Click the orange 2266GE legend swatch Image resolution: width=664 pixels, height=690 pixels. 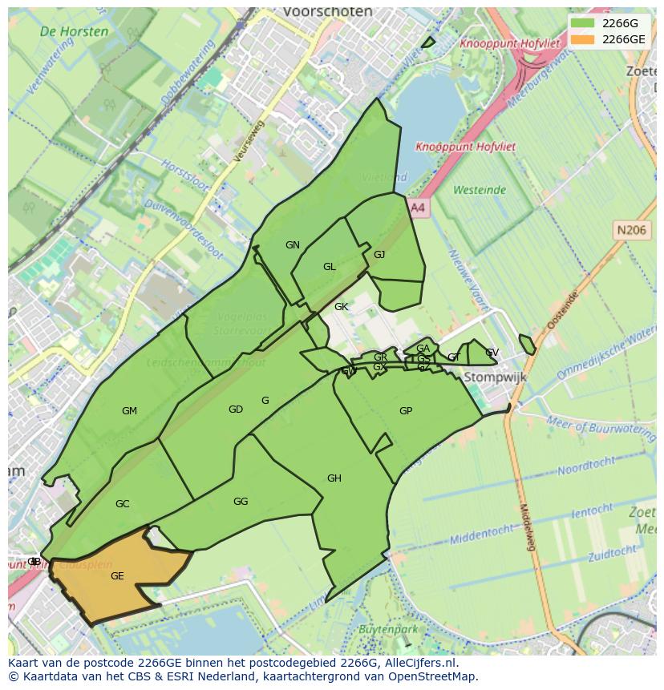tap(583, 39)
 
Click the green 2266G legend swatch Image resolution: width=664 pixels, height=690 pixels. tap(583, 23)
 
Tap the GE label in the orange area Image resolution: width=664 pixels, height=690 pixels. tap(117, 576)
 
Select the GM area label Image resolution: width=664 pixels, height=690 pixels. tap(129, 411)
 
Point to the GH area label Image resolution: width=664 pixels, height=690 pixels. tap(334, 478)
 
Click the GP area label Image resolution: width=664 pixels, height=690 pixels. tap(406, 411)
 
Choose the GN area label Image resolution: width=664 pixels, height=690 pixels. tap(293, 245)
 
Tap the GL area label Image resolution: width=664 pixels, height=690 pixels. tap(330, 267)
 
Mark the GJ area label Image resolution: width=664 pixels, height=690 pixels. tap(379, 255)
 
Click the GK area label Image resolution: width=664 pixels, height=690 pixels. tap(342, 307)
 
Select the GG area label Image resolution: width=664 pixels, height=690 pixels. tap(241, 502)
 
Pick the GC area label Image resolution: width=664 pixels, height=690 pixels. tap(122, 504)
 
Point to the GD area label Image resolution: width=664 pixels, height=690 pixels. tap(235, 410)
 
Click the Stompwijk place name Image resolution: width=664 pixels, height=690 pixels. tap(490, 377)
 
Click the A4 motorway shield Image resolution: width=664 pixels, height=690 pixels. tap(417, 208)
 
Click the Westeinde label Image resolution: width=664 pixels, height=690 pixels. tap(480, 190)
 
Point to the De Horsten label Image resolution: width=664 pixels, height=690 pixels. tap(74, 32)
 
